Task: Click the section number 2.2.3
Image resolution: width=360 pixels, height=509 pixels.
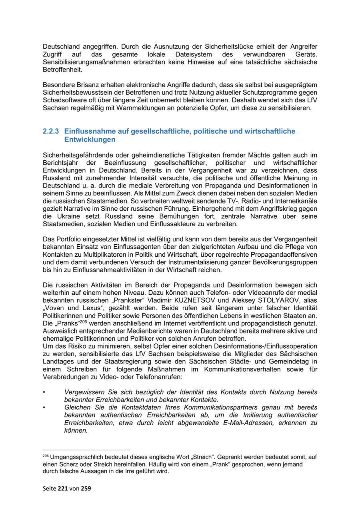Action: coord(51,131)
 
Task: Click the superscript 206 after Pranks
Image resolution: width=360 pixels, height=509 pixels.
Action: coord(83,321)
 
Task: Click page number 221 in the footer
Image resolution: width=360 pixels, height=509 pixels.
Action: coord(63,488)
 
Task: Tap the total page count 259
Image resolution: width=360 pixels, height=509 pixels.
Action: coord(86,488)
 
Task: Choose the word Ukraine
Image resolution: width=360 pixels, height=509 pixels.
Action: coord(66,216)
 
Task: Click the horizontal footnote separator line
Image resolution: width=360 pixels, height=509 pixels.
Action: coord(86,450)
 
